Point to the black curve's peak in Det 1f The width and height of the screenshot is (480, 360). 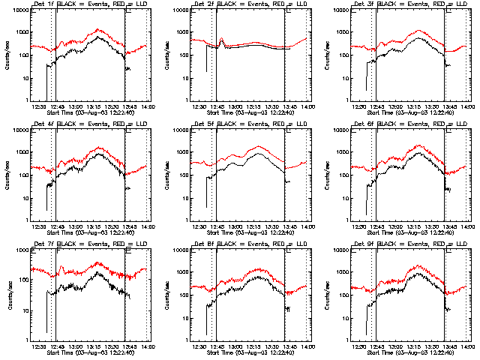pyautogui.click(x=97, y=37)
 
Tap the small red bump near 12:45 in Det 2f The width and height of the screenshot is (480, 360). pyautogui.click(x=222, y=40)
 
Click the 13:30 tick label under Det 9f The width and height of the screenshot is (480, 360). pyautogui.click(x=434, y=346)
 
